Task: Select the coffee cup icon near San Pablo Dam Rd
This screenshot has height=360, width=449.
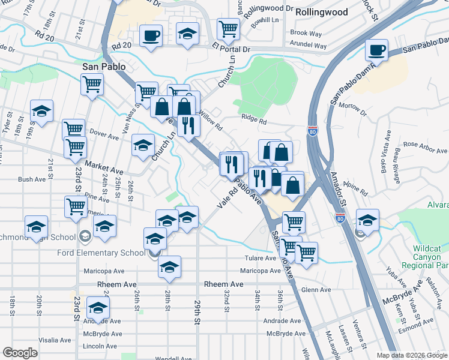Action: point(377,50)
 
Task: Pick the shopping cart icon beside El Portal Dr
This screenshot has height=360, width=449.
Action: point(228,28)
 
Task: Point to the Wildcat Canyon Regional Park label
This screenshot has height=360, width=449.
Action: point(430,256)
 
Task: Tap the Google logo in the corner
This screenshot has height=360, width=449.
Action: point(20,353)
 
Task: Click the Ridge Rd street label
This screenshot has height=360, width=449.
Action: point(254,120)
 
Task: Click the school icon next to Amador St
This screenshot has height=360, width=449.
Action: point(367,220)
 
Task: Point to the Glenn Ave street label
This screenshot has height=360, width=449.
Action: point(316,290)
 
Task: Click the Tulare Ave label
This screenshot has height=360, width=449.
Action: point(259,259)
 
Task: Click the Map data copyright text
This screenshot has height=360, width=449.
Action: point(411,355)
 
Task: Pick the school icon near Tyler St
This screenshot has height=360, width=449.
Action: point(42,111)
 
